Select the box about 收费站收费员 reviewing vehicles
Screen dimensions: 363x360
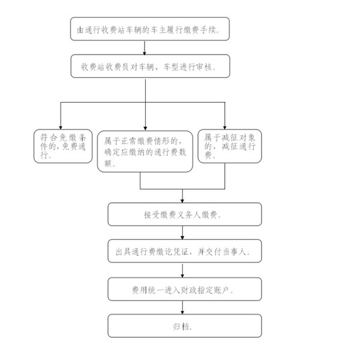(x=146, y=67)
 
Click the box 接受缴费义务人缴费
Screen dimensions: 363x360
(x=184, y=214)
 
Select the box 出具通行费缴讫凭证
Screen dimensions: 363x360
(x=184, y=251)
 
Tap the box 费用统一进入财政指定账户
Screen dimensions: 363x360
(x=184, y=289)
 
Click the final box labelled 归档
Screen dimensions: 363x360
(x=184, y=326)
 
